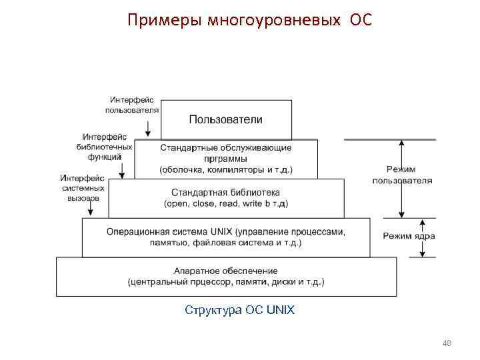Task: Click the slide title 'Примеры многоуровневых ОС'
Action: coord(250,21)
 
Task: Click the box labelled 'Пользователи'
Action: coord(226,120)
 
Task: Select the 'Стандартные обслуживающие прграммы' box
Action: coord(226,159)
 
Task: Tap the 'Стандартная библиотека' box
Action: coord(226,198)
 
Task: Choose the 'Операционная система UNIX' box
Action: coord(226,237)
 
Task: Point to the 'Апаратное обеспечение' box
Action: coord(226,277)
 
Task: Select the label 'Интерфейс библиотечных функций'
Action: coord(105,147)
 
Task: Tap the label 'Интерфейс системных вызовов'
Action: coord(83,188)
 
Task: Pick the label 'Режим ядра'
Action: coord(409,236)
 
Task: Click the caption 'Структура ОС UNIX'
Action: coord(239,310)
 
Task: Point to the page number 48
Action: coord(447,343)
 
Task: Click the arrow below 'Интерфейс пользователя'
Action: coord(149,126)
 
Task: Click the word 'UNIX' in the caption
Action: coord(280,310)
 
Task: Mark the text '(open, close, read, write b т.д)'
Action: coord(226,203)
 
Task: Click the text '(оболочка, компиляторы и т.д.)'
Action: coord(226,170)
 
